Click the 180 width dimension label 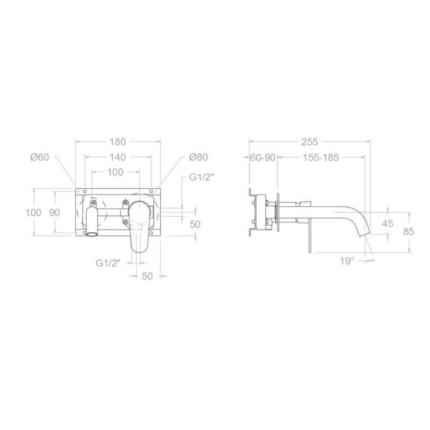pyautogui.click(x=118, y=142)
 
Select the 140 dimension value pyautogui.click(x=118, y=157)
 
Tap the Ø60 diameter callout pyautogui.click(x=40, y=157)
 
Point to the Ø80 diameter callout pyautogui.click(x=198, y=157)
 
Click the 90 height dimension pyautogui.click(x=55, y=212)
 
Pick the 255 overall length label pyautogui.click(x=310, y=142)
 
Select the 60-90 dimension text pyautogui.click(x=263, y=157)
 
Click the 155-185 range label pyautogui.click(x=321, y=157)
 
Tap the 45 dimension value pyautogui.click(x=388, y=224)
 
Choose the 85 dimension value pyautogui.click(x=408, y=232)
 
